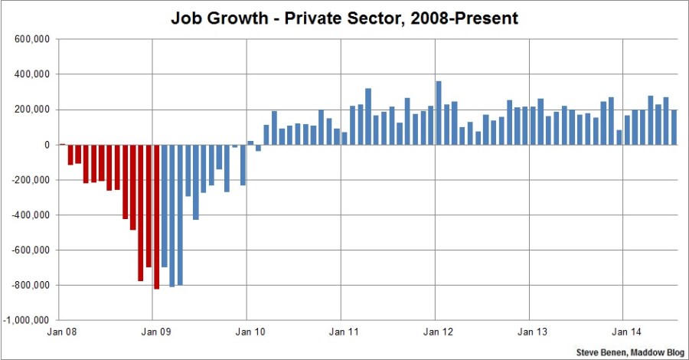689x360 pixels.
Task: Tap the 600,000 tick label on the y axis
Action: tap(31, 39)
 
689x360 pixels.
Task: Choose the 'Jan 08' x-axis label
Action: tap(60, 333)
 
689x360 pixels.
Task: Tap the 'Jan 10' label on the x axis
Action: tap(247, 333)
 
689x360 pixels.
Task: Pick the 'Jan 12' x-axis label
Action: tap(436, 333)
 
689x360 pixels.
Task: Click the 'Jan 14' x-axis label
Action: tap(623, 333)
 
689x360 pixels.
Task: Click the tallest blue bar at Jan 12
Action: tap(439, 113)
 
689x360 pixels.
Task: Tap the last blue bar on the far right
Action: tap(674, 127)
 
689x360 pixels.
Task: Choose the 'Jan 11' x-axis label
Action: tap(341, 333)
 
